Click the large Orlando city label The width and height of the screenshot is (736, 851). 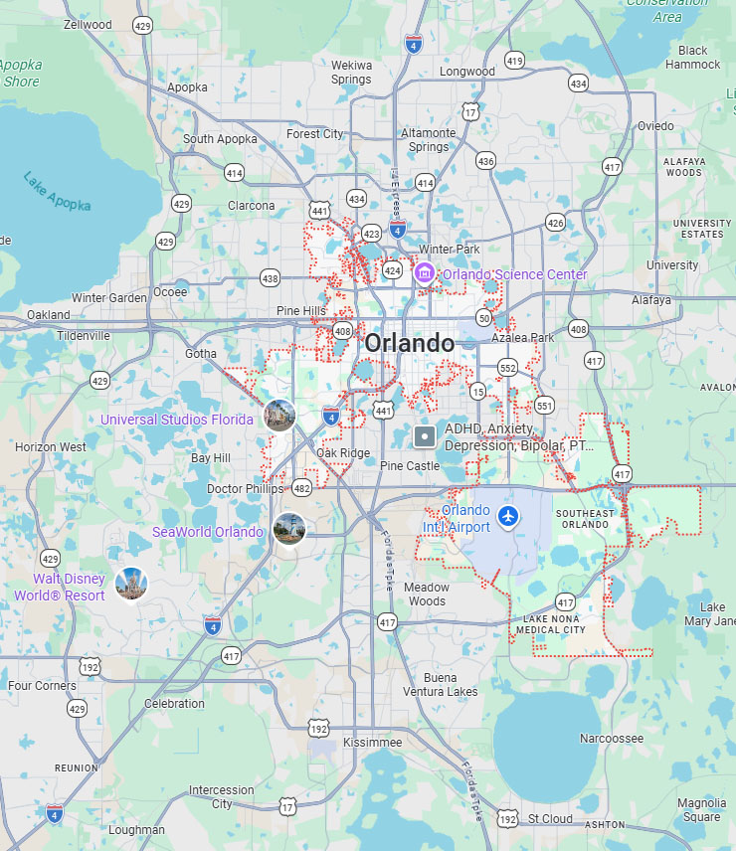(x=409, y=344)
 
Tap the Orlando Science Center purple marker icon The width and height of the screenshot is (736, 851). (x=425, y=273)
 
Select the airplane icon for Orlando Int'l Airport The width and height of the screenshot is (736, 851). (x=509, y=515)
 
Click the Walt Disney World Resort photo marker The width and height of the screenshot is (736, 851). (x=130, y=584)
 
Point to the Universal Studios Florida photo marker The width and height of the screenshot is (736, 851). (x=280, y=416)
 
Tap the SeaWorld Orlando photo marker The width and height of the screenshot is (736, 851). (x=288, y=529)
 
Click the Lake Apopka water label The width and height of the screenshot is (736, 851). (x=57, y=191)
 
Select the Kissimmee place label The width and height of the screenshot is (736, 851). (x=372, y=743)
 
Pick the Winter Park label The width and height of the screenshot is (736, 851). (x=450, y=249)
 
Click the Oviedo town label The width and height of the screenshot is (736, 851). (x=655, y=126)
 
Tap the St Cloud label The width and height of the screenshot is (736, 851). (x=550, y=819)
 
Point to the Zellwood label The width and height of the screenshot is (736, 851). (x=87, y=24)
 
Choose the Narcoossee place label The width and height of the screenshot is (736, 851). (x=612, y=739)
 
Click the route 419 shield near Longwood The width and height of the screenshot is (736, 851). (x=513, y=61)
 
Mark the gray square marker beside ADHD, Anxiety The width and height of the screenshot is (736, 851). (x=425, y=435)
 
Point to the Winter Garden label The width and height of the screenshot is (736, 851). (x=108, y=297)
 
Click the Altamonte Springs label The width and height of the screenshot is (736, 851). (x=428, y=140)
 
